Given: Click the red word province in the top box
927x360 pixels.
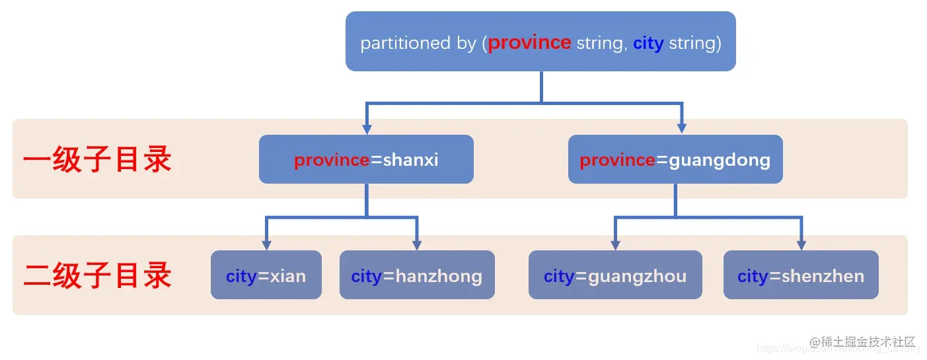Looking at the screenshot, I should [529, 43].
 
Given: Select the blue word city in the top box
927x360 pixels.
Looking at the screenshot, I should [648, 44].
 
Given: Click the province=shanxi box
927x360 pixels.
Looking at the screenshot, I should [366, 159].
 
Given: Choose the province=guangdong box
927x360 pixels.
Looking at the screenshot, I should [675, 159].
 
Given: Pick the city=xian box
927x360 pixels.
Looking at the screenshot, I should [266, 275].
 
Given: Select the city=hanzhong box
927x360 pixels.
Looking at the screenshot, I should [416, 275].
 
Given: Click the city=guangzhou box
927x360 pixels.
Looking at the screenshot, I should [614, 275].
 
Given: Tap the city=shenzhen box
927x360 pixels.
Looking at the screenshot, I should [800, 275].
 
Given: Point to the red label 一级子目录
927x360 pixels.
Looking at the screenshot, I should [98, 160].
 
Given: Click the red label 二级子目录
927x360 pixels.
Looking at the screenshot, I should [98, 275].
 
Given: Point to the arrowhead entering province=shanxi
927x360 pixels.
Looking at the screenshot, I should [367, 129].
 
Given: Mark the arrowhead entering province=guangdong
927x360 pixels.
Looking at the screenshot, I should [682, 129].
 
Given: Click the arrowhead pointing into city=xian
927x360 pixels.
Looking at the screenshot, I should [266, 244].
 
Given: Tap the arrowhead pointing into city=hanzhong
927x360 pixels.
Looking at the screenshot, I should [417, 244].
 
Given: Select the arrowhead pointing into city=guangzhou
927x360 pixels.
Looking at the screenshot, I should [615, 244].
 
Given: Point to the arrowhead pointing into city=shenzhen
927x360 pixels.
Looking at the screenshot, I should [801, 244].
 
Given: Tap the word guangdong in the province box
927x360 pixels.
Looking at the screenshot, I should [720, 160].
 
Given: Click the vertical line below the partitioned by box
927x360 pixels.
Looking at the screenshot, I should [541, 86].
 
